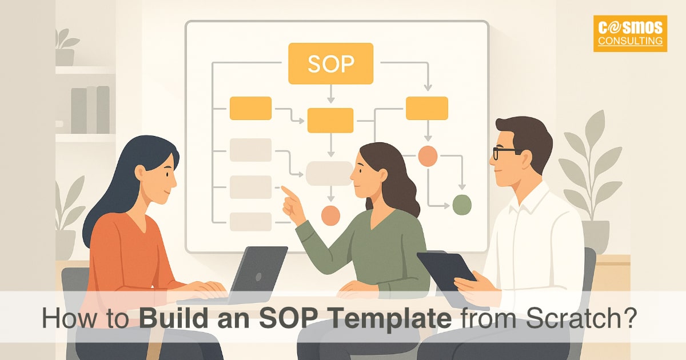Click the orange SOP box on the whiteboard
click(x=330, y=63)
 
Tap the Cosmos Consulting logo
click(x=630, y=34)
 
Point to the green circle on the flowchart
click(x=461, y=203)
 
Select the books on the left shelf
click(x=90, y=110)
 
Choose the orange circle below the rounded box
click(x=330, y=215)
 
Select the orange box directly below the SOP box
click(x=330, y=120)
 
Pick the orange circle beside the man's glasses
click(x=428, y=156)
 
